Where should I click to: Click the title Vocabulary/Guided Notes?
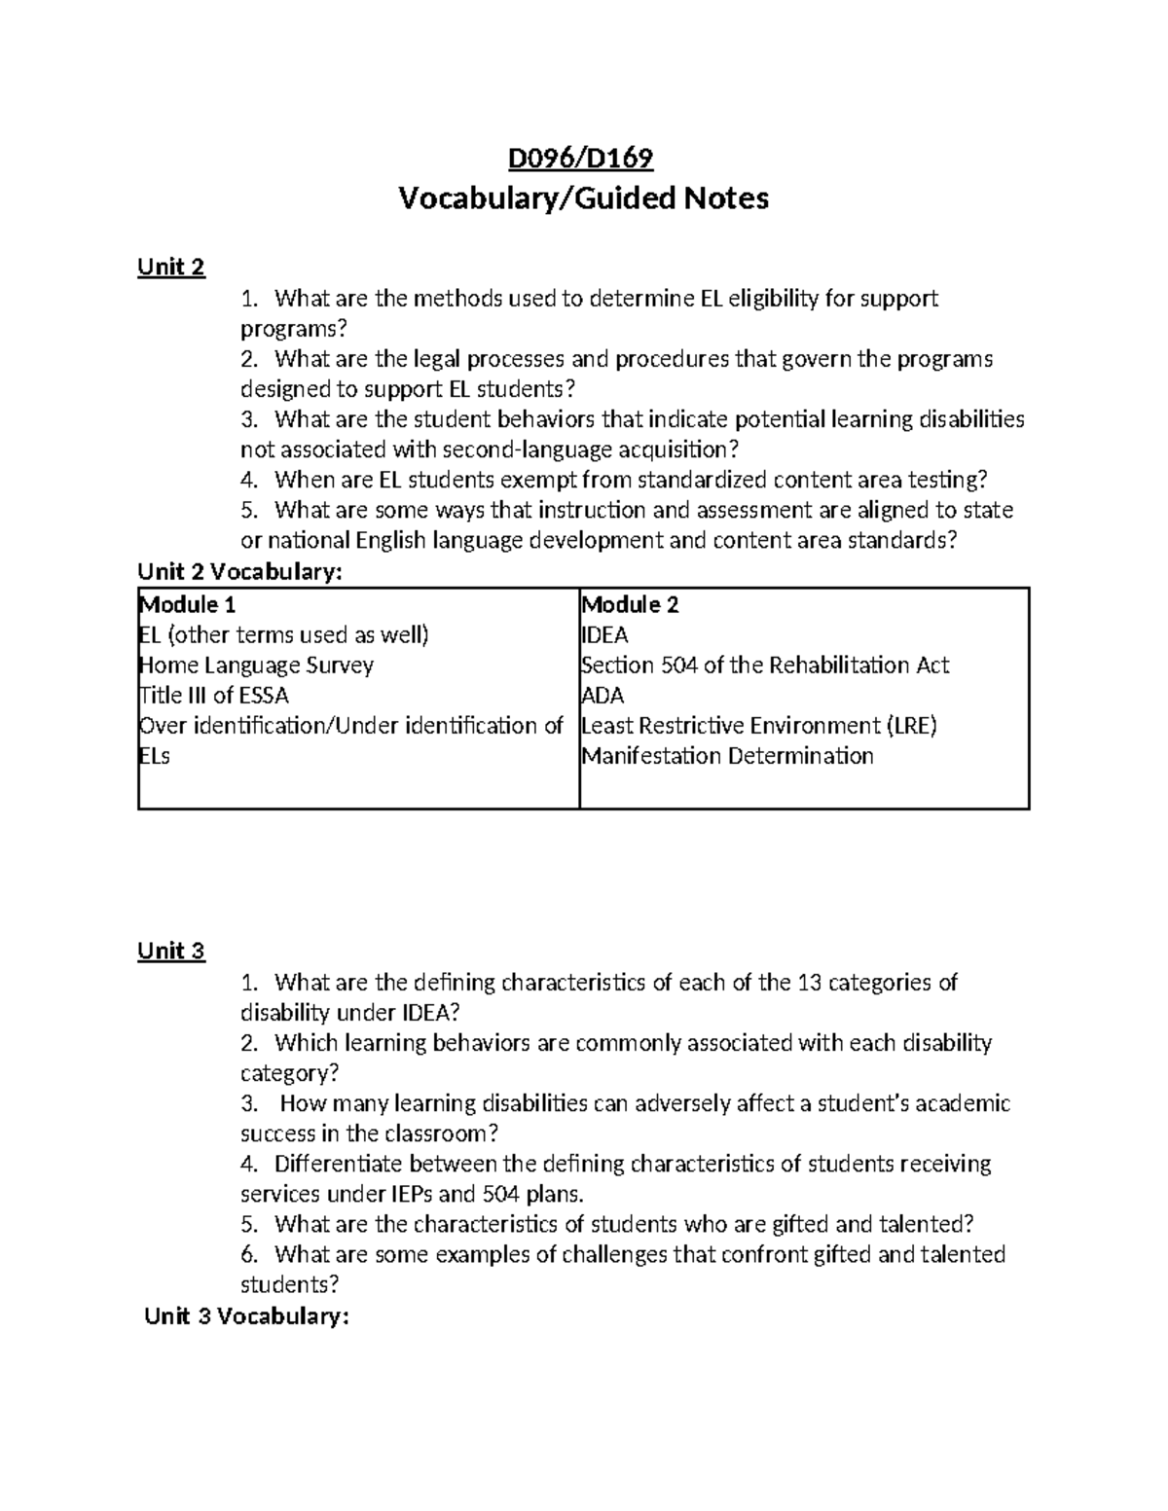(583, 198)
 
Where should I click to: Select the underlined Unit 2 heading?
(171, 267)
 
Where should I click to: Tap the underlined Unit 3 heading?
(171, 951)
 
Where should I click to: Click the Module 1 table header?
(188, 605)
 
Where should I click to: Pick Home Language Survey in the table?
(257, 666)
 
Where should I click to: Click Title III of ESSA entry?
(214, 696)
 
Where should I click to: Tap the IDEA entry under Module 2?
(604, 635)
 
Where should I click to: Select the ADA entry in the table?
(602, 696)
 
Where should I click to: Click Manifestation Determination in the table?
(727, 756)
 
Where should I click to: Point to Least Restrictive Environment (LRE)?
(759, 726)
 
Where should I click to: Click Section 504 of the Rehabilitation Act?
(765, 666)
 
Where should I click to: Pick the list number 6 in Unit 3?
(249, 1255)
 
